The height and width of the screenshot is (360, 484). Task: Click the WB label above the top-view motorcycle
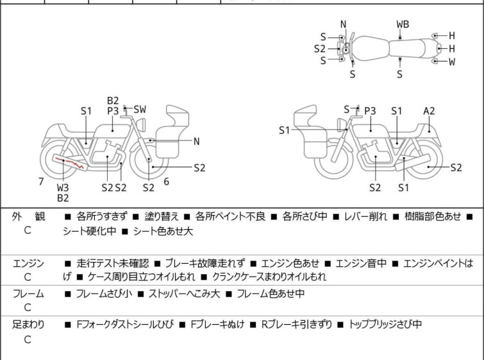point(403,24)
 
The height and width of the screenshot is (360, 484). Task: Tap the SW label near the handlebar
point(140,110)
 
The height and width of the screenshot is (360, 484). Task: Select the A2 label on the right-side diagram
point(429,110)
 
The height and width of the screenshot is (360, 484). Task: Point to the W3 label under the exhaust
point(63,187)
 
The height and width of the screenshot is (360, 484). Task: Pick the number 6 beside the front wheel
point(167,182)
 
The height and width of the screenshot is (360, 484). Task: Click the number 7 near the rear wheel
point(41,182)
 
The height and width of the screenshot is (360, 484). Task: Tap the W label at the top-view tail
point(452,62)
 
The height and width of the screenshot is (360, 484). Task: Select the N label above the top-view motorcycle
point(344,24)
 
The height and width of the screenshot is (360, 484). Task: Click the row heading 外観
point(28,217)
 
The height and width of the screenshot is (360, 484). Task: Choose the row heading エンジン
point(28,263)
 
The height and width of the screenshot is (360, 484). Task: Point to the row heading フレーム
point(28,294)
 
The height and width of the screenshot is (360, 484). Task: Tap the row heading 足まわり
point(28,325)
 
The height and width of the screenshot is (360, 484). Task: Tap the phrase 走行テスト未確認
point(113,263)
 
